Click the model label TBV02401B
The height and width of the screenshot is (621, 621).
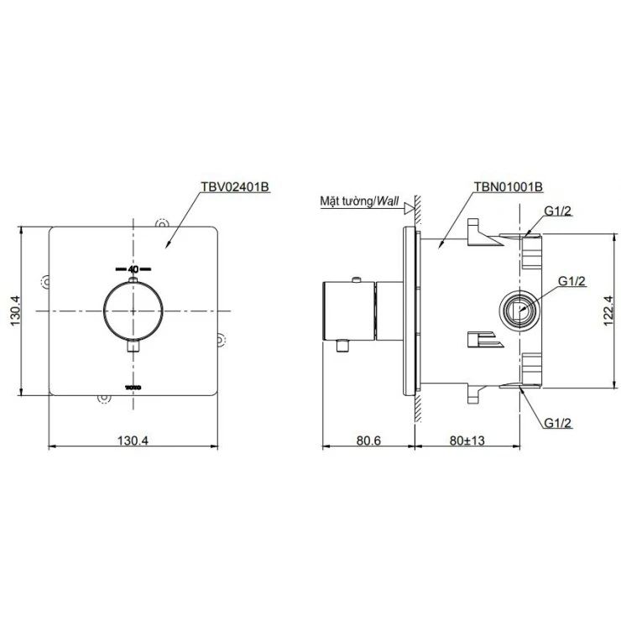click(x=234, y=188)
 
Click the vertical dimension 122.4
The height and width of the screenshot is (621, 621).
click(x=609, y=310)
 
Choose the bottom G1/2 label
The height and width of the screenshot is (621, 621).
click(x=557, y=422)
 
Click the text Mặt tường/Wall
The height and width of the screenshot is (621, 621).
click(x=358, y=202)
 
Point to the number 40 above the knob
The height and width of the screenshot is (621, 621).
click(x=132, y=269)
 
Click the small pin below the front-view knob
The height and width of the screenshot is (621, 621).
click(x=132, y=345)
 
